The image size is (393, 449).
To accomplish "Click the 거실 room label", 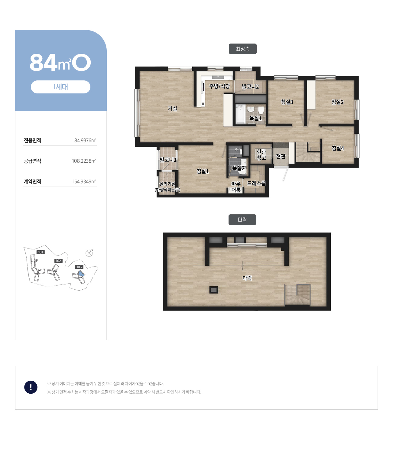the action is coord(172,109).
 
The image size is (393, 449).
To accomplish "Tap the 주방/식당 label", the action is coord(219,86).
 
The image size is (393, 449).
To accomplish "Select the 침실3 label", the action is coord(287,102).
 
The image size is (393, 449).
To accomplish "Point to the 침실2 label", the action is coord(337,102).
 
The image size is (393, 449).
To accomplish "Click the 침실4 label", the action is coord(338,148).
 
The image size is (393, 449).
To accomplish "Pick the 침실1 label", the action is coord(203,171).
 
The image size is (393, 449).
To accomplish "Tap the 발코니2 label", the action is coord(250,86).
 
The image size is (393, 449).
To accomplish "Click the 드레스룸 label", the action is coord(256,183).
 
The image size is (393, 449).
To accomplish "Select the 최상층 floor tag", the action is coord(242,49).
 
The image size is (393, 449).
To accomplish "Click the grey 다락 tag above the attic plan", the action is coord(242,220).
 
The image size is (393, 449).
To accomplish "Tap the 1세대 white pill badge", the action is coord(60,87).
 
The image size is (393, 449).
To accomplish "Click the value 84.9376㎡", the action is coord(85,141).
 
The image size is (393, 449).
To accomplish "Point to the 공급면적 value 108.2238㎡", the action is coord(84,161).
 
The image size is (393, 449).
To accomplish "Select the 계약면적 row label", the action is coord(32,181).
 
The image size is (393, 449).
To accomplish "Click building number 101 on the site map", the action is coord(41,252).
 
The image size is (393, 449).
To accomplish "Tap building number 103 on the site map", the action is coord(79,267).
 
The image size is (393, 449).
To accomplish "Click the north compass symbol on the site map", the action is coord(89,253).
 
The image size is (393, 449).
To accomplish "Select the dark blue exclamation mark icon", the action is coord(31,387).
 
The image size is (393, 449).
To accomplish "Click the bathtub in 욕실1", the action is coord(240,114).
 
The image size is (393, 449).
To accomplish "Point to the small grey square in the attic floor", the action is coord(213,290).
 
